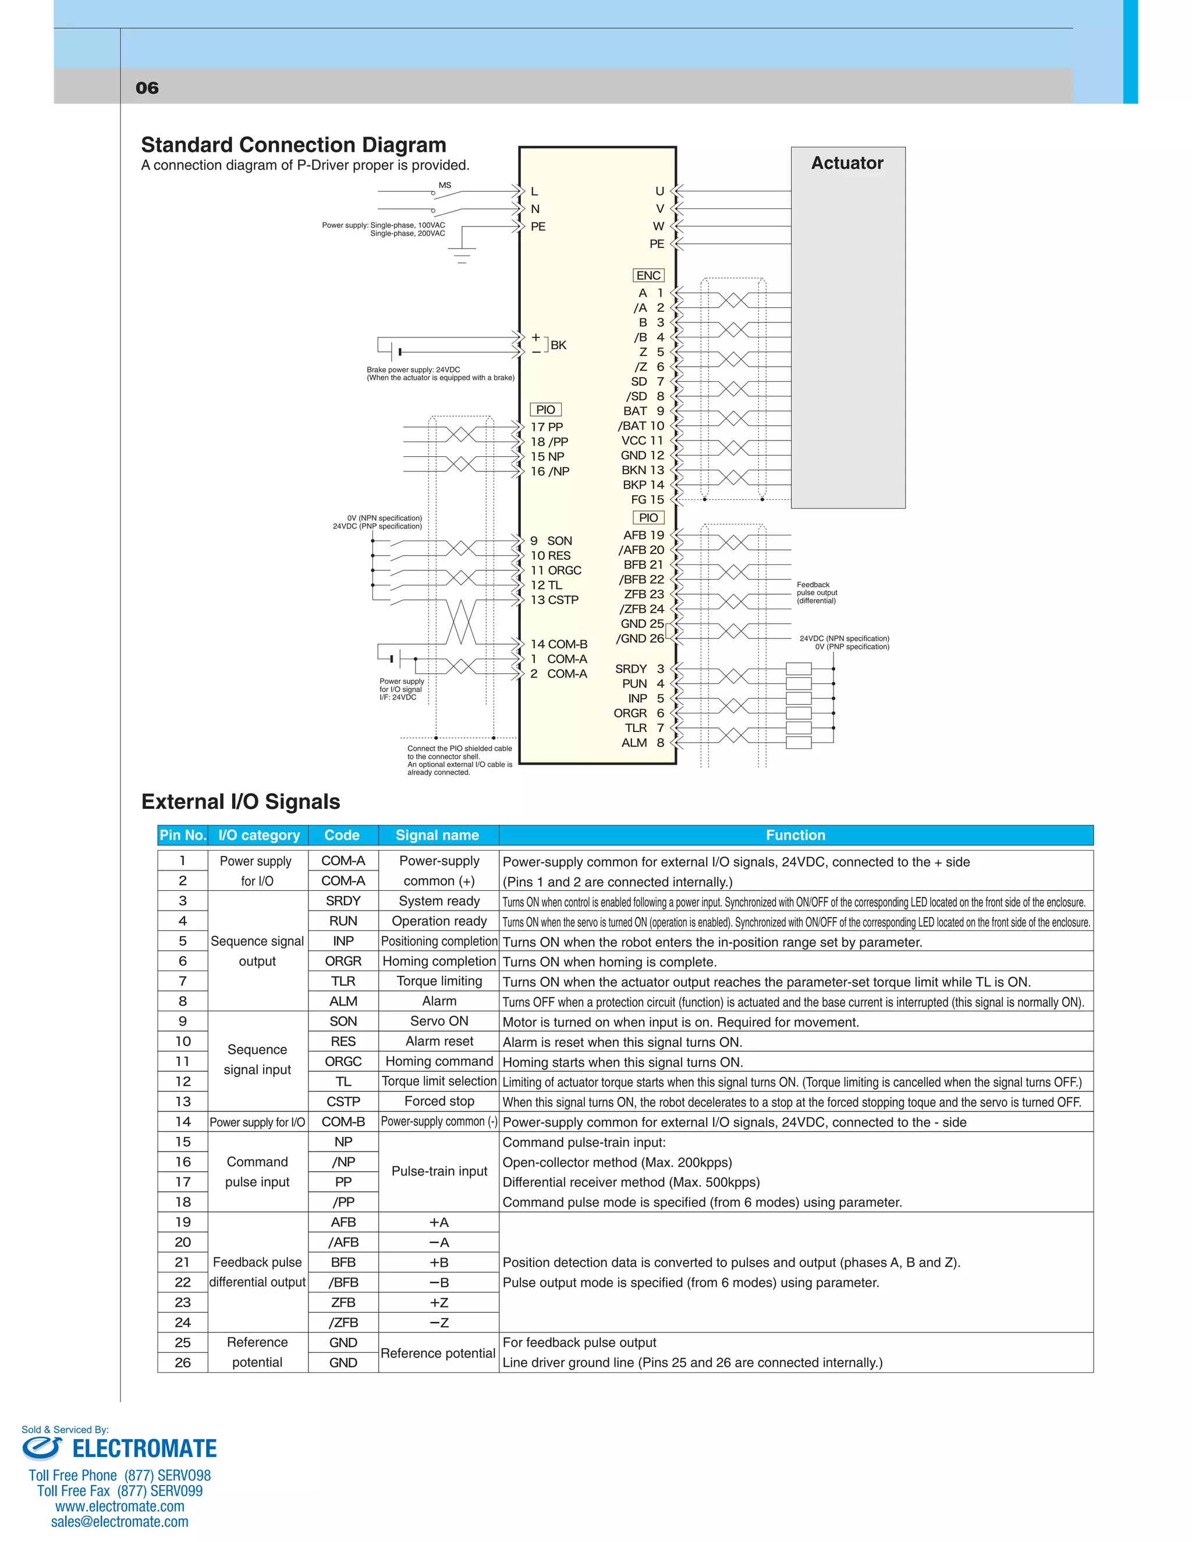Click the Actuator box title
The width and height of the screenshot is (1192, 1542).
coord(847,163)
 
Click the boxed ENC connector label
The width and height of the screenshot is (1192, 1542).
coord(648,275)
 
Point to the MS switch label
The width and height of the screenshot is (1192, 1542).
coord(445,186)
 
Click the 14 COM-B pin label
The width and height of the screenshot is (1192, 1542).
coord(559,644)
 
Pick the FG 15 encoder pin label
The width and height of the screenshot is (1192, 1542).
coord(647,499)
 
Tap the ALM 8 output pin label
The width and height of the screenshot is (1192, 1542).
coord(643,742)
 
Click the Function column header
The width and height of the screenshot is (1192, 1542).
coord(795,835)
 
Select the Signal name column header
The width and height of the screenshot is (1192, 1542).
coord(437,835)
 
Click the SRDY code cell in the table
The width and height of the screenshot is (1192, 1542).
coord(343,901)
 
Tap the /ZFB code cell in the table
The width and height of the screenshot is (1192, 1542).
coord(343,1323)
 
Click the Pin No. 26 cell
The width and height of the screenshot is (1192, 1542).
coord(182,1363)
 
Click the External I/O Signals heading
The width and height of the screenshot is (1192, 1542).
coord(240,802)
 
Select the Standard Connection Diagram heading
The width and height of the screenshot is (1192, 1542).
coord(293,145)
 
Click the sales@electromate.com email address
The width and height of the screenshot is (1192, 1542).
coord(119,1522)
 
